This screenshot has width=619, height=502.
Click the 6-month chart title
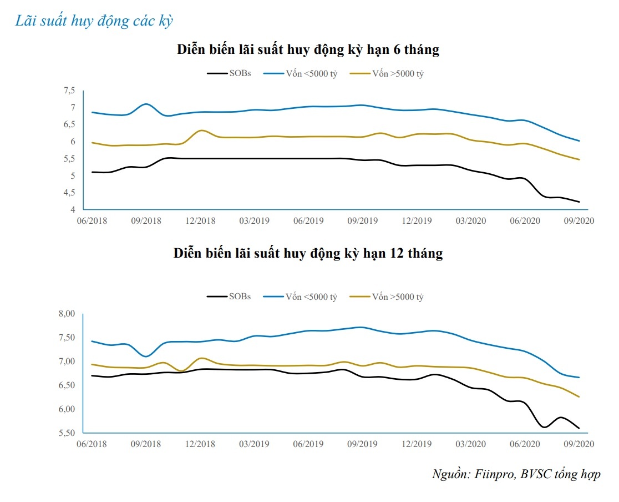pos(308,49)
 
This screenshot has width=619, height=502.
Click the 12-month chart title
pos(308,254)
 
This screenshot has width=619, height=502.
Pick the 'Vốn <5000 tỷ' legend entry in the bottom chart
pos(311,297)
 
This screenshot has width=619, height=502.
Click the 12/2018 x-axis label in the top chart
pos(200,220)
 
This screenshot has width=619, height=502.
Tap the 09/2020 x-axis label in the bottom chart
pos(579,444)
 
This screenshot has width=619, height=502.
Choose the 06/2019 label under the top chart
pos(308,220)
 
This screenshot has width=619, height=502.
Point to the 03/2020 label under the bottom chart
pos(470,444)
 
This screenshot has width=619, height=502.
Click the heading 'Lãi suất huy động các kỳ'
pos(94,21)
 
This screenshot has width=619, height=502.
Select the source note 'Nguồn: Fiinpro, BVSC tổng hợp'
pos(516,474)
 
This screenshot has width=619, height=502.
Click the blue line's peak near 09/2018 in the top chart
pos(145,104)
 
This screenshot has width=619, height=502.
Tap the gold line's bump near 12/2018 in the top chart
pos(202,130)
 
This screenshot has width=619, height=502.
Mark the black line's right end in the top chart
pos(580,202)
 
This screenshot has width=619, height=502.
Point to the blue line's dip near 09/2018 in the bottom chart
pos(146,356)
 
